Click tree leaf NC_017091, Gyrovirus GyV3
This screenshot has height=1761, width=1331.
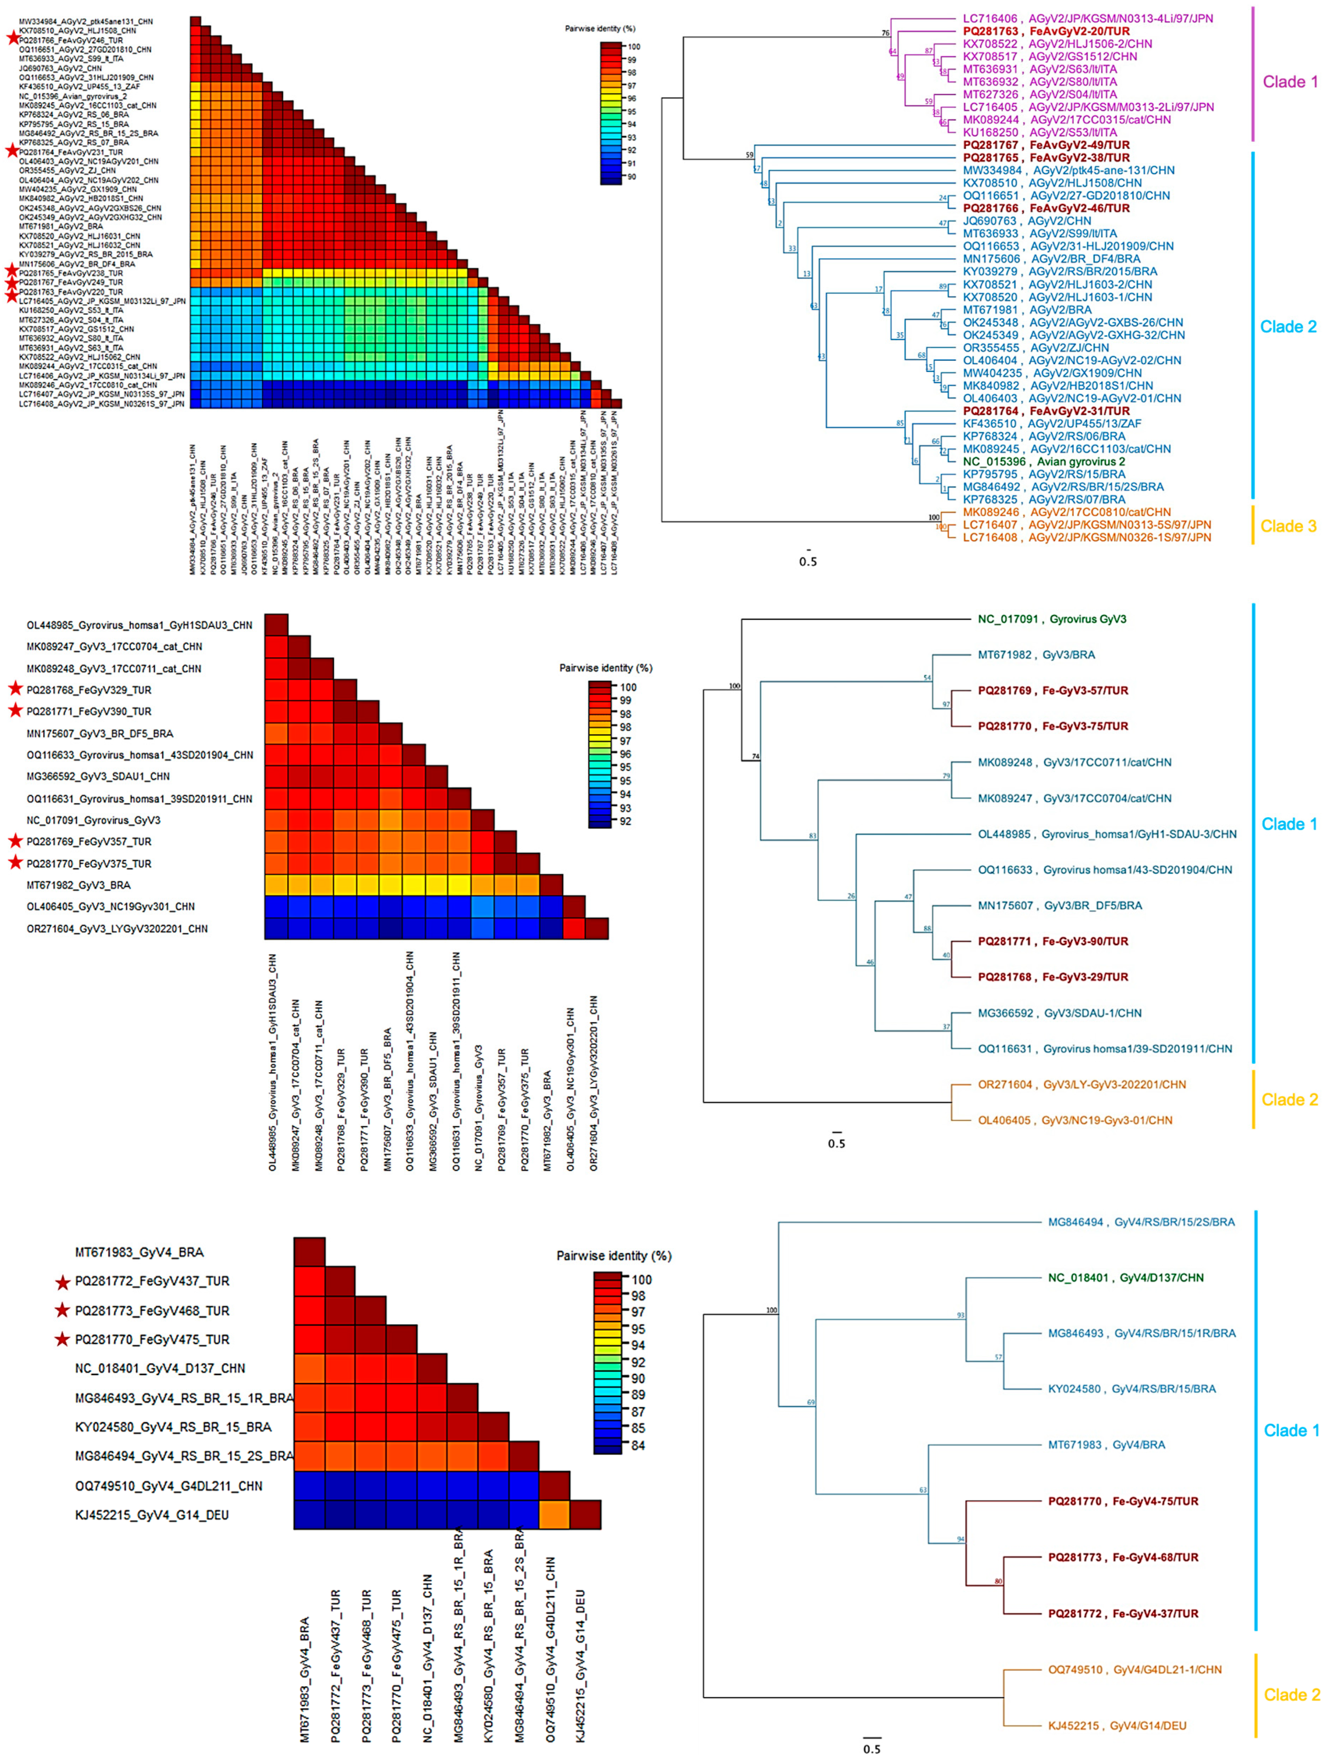coord(1052,618)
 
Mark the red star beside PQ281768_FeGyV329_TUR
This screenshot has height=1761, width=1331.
coord(14,690)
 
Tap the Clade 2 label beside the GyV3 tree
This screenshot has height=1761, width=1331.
coord(1289,1099)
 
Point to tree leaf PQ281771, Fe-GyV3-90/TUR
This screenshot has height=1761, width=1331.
coord(1052,941)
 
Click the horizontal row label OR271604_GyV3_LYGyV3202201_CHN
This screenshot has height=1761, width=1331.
coord(117,928)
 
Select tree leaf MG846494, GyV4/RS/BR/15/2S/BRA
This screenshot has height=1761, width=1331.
coord(1141,1222)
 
